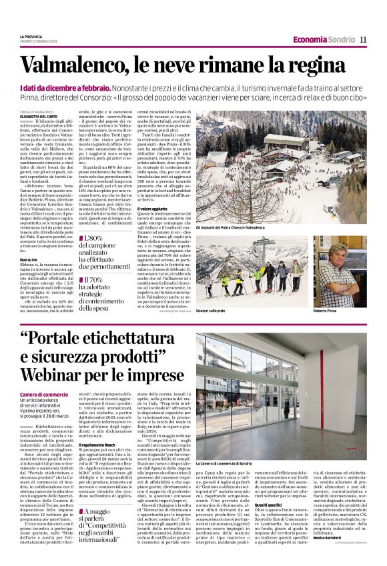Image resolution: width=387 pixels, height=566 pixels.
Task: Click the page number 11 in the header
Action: click(x=363, y=39)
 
